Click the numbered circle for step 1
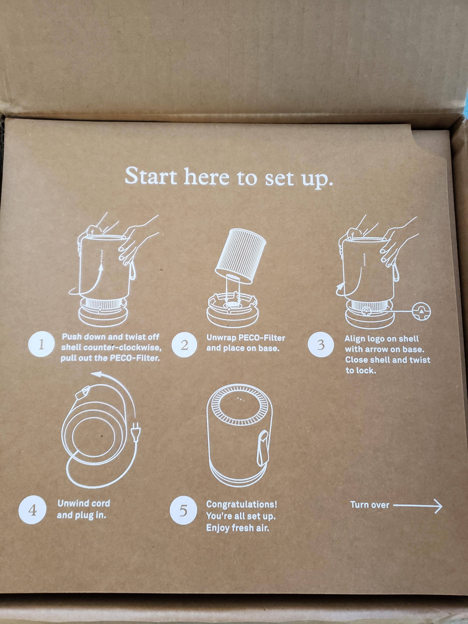[x=41, y=345]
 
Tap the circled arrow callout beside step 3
[x=422, y=311]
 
